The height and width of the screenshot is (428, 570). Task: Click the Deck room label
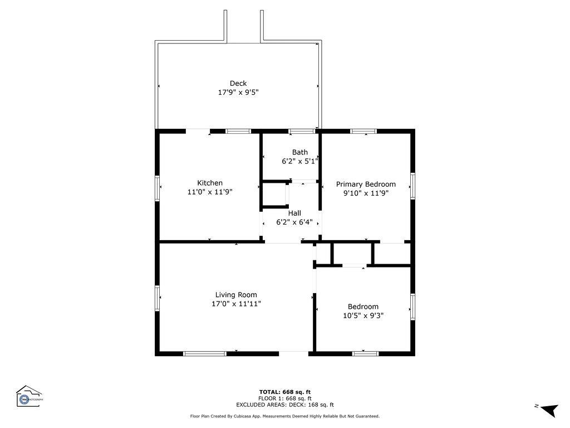238,84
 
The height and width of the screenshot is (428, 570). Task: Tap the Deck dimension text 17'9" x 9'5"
238,93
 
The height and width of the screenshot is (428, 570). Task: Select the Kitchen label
210,183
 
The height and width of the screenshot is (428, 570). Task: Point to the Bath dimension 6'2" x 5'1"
299,161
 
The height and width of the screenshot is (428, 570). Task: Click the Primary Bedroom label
366,184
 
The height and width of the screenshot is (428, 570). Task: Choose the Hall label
294,213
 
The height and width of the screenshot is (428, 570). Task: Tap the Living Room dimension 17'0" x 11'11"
236,304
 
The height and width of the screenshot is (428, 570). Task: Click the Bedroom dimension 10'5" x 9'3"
363,315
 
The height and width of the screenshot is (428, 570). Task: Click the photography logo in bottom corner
29,397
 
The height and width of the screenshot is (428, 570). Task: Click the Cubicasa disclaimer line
285,416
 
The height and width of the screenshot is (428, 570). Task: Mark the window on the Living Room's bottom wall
205,353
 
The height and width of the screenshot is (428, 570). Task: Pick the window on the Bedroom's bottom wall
366,353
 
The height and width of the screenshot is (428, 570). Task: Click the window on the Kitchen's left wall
158,188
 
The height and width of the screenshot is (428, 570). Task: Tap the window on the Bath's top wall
301,132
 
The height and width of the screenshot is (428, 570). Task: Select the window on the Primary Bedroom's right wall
412,186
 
